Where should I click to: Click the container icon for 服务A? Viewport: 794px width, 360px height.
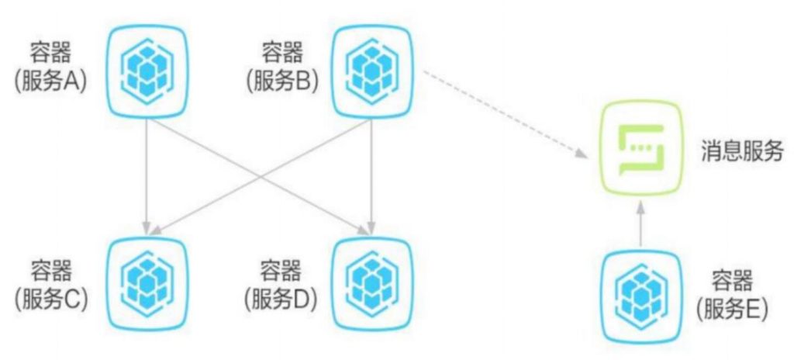pyautogui.click(x=147, y=72)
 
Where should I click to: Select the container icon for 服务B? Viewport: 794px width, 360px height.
pyautogui.click(x=372, y=72)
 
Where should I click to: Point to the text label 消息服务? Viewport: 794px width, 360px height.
pyautogui.click(x=742, y=151)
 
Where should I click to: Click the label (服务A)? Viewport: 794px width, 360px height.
pyautogui.click(x=50, y=81)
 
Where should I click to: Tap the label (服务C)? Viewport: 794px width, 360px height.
pyautogui.click(x=51, y=299)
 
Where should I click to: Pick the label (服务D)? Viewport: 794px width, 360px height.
pyautogui.click(x=280, y=299)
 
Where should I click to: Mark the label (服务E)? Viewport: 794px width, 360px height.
pyautogui.click(x=732, y=309)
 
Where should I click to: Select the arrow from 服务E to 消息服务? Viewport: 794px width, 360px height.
pyautogui.click(x=641, y=223)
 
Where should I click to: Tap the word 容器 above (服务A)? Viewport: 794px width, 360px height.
pyautogui.click(x=50, y=52)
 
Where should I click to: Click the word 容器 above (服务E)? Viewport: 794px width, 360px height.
pyautogui.click(x=732, y=280)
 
